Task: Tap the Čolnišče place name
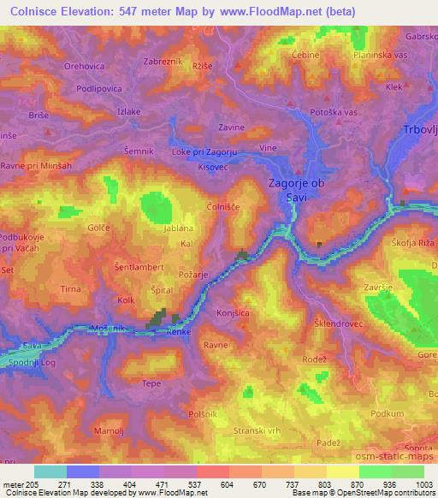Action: (x=225, y=206)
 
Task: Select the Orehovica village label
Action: (x=83, y=65)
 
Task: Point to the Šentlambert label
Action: (x=138, y=268)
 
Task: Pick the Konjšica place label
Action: (x=233, y=313)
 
